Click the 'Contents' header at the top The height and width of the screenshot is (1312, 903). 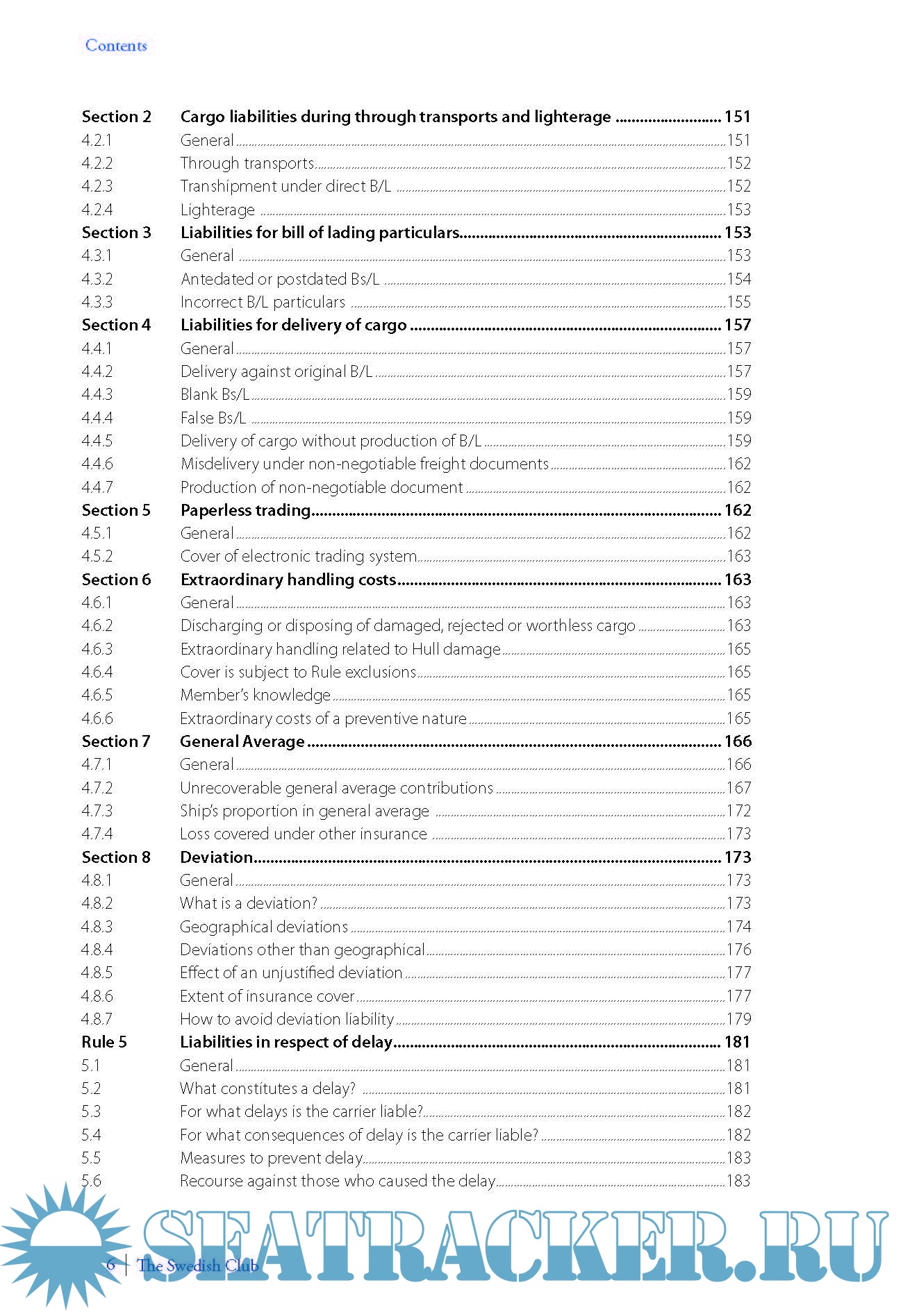(x=116, y=46)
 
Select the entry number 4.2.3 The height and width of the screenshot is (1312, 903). (x=97, y=186)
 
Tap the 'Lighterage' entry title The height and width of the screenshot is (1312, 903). (x=217, y=210)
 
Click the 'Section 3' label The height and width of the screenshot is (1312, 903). (x=116, y=233)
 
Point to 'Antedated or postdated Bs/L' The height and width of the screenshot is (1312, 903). (x=280, y=279)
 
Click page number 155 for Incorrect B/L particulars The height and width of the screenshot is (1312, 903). (x=738, y=302)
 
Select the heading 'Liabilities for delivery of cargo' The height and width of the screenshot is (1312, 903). (x=293, y=325)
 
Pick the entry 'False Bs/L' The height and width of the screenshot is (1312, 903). (x=213, y=418)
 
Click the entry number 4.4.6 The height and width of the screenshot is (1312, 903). (x=97, y=464)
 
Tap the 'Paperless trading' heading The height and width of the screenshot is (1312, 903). (x=245, y=510)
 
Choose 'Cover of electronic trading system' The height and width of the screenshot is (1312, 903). (x=298, y=556)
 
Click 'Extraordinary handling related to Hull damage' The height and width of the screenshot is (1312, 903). (x=340, y=649)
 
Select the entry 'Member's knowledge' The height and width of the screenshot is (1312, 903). (x=255, y=695)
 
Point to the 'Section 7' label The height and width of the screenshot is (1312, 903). (x=116, y=741)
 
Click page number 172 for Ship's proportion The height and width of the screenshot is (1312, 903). (x=738, y=811)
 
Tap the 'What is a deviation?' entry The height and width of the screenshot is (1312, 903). (x=248, y=903)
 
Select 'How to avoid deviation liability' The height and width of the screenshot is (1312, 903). (x=287, y=1019)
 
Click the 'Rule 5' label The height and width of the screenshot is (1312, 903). (x=104, y=1042)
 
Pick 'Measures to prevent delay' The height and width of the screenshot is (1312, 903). (x=271, y=1158)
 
